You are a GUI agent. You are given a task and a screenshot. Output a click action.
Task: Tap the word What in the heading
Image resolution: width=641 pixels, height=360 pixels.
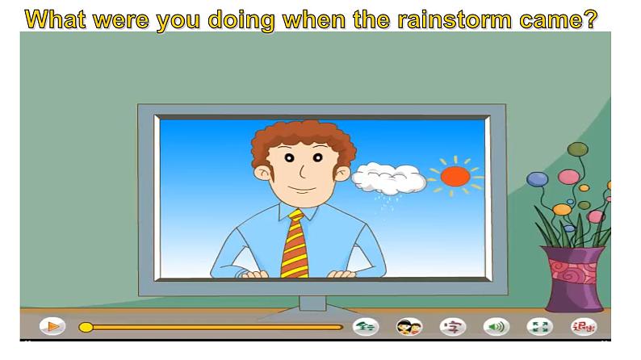[57, 19]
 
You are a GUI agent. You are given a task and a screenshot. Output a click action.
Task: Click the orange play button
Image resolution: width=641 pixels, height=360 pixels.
[52, 327]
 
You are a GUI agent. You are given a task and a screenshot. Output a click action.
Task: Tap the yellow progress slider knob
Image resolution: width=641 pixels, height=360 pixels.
[86, 327]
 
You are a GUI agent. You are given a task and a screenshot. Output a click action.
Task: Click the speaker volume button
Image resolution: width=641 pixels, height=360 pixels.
[495, 327]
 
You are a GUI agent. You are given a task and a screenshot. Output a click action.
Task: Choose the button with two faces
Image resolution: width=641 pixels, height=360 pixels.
[409, 327]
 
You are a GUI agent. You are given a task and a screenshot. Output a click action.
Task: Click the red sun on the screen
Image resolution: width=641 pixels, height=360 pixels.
[455, 176]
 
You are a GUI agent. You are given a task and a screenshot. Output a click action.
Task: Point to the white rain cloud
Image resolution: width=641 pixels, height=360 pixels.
[389, 177]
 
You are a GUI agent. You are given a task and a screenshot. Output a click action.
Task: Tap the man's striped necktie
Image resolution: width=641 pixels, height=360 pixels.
[295, 243]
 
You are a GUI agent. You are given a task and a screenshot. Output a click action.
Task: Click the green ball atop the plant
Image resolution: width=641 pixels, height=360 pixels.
[577, 149]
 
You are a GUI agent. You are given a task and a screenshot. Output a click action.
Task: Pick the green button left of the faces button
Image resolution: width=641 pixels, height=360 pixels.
[366, 327]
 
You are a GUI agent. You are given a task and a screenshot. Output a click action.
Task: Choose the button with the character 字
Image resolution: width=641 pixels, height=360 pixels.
[453, 327]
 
